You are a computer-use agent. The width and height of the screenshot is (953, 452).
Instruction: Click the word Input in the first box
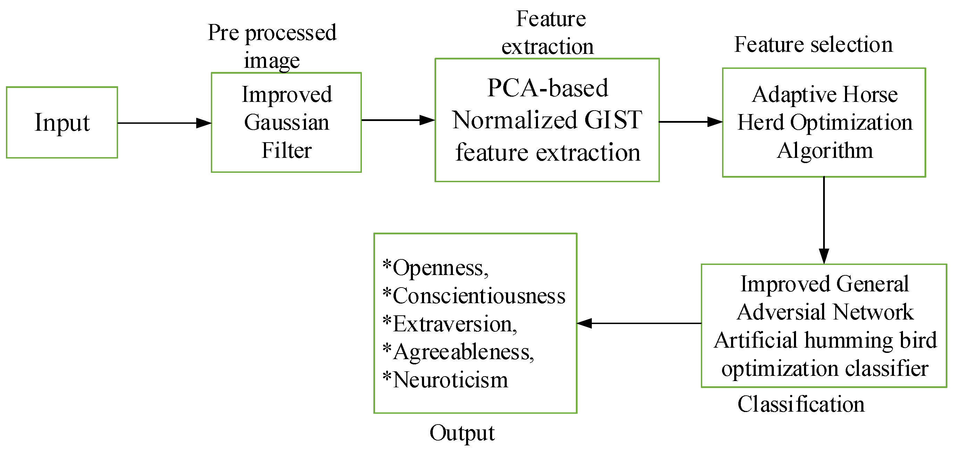tap(62, 123)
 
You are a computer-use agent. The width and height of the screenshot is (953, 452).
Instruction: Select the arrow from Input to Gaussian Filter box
tap(164, 123)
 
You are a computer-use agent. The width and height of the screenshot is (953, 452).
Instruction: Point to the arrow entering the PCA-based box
tap(398, 120)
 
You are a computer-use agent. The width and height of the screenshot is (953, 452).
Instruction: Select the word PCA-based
tap(548, 88)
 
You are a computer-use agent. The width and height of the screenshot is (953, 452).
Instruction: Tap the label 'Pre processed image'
tap(272, 46)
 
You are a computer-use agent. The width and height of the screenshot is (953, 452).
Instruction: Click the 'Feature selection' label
tap(813, 45)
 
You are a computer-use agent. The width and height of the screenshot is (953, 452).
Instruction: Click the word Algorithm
tap(824, 151)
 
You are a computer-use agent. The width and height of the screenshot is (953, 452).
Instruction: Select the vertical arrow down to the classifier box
tap(824, 220)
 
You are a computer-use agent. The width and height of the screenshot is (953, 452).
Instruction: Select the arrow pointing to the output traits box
tap(639, 323)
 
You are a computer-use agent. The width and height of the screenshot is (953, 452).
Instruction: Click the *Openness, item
tap(436, 267)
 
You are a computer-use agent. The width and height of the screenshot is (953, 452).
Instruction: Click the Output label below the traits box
tap(462, 433)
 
